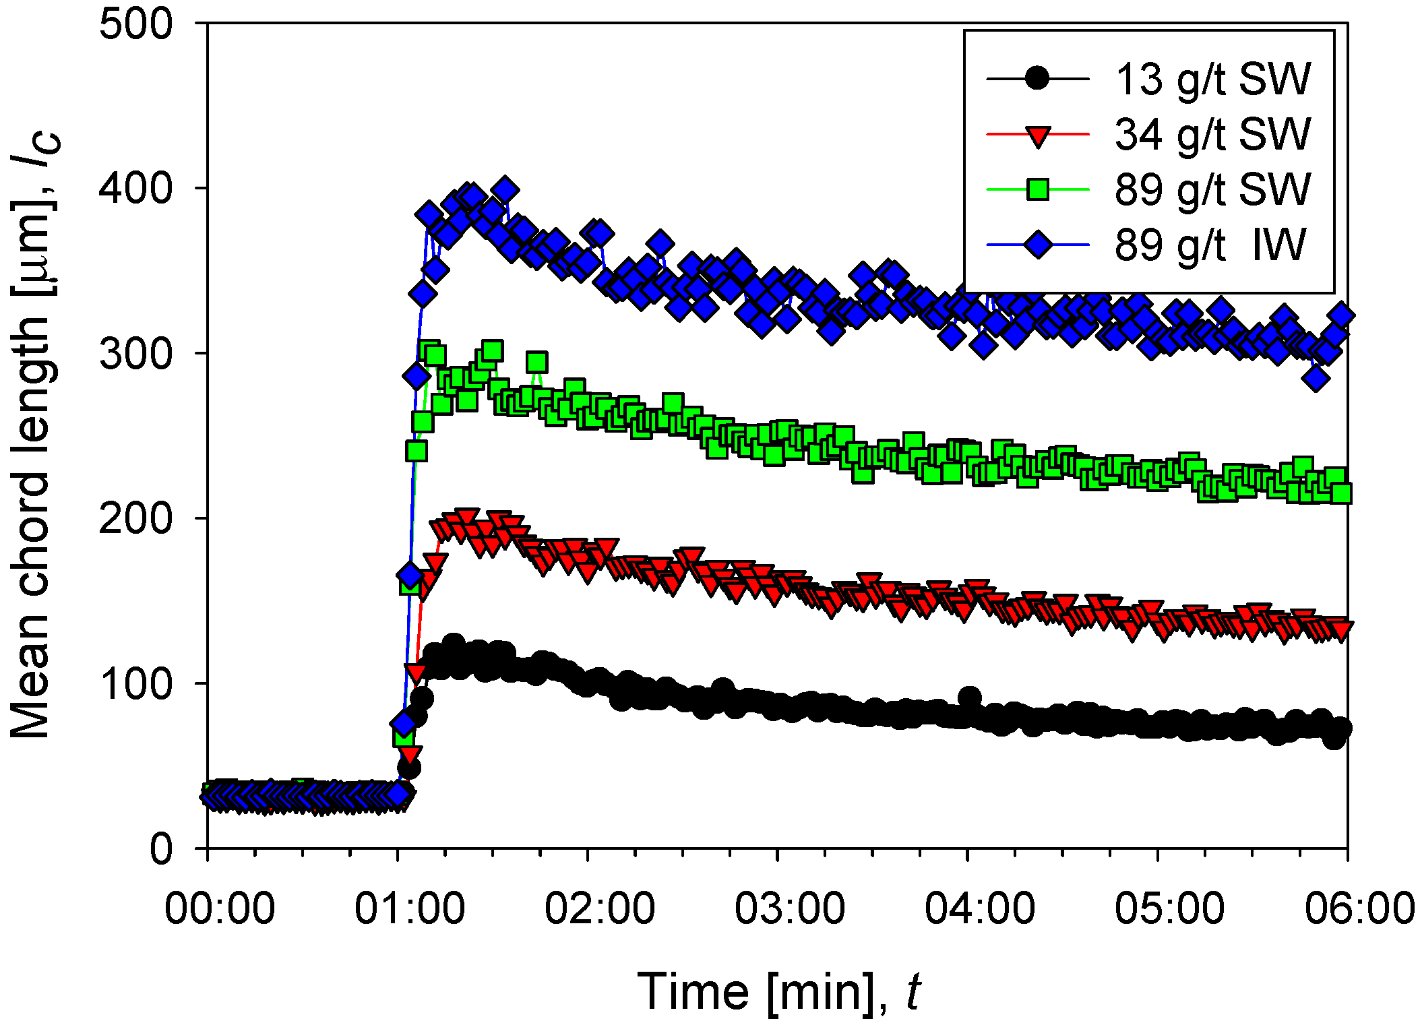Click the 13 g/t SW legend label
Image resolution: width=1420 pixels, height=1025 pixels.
[1212, 80]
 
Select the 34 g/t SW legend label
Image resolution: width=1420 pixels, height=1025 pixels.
[1212, 134]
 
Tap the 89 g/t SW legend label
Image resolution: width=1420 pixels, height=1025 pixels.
[1212, 189]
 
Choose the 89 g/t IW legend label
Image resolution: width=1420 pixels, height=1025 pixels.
[1210, 245]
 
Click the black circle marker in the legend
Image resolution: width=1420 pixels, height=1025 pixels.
[1037, 79]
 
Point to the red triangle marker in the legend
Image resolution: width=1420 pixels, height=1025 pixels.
[1037, 135]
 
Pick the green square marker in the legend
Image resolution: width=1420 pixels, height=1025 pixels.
[1037, 190]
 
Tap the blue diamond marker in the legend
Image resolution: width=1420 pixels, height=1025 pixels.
[1037, 245]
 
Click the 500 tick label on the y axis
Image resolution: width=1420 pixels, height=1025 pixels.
[135, 26]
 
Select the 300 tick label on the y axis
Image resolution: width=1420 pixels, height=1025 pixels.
[135, 354]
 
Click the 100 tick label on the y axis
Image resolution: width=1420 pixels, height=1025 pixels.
[135, 684]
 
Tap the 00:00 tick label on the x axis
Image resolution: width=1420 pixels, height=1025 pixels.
[220, 908]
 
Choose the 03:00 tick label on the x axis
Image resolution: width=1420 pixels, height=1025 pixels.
[790, 908]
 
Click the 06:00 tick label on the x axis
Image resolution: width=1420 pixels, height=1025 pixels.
[1359, 908]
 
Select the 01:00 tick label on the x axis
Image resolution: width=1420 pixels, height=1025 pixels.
[410, 908]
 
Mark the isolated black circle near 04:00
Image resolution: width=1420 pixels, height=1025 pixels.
[969, 697]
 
